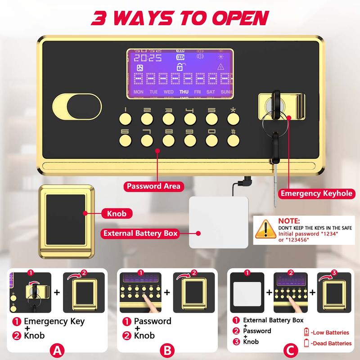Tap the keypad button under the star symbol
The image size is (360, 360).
pyautogui.click(x=233, y=118)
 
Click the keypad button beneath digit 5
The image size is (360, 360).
pyautogui.click(x=211, y=118)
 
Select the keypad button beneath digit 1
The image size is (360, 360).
pyautogui.click(x=125, y=118)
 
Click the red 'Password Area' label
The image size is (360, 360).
pyautogui.click(x=153, y=186)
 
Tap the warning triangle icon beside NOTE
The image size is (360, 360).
pyautogui.click(x=265, y=229)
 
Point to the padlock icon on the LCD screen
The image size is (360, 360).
pyautogui.click(x=180, y=67)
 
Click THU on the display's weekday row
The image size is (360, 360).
pyautogui.click(x=184, y=92)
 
